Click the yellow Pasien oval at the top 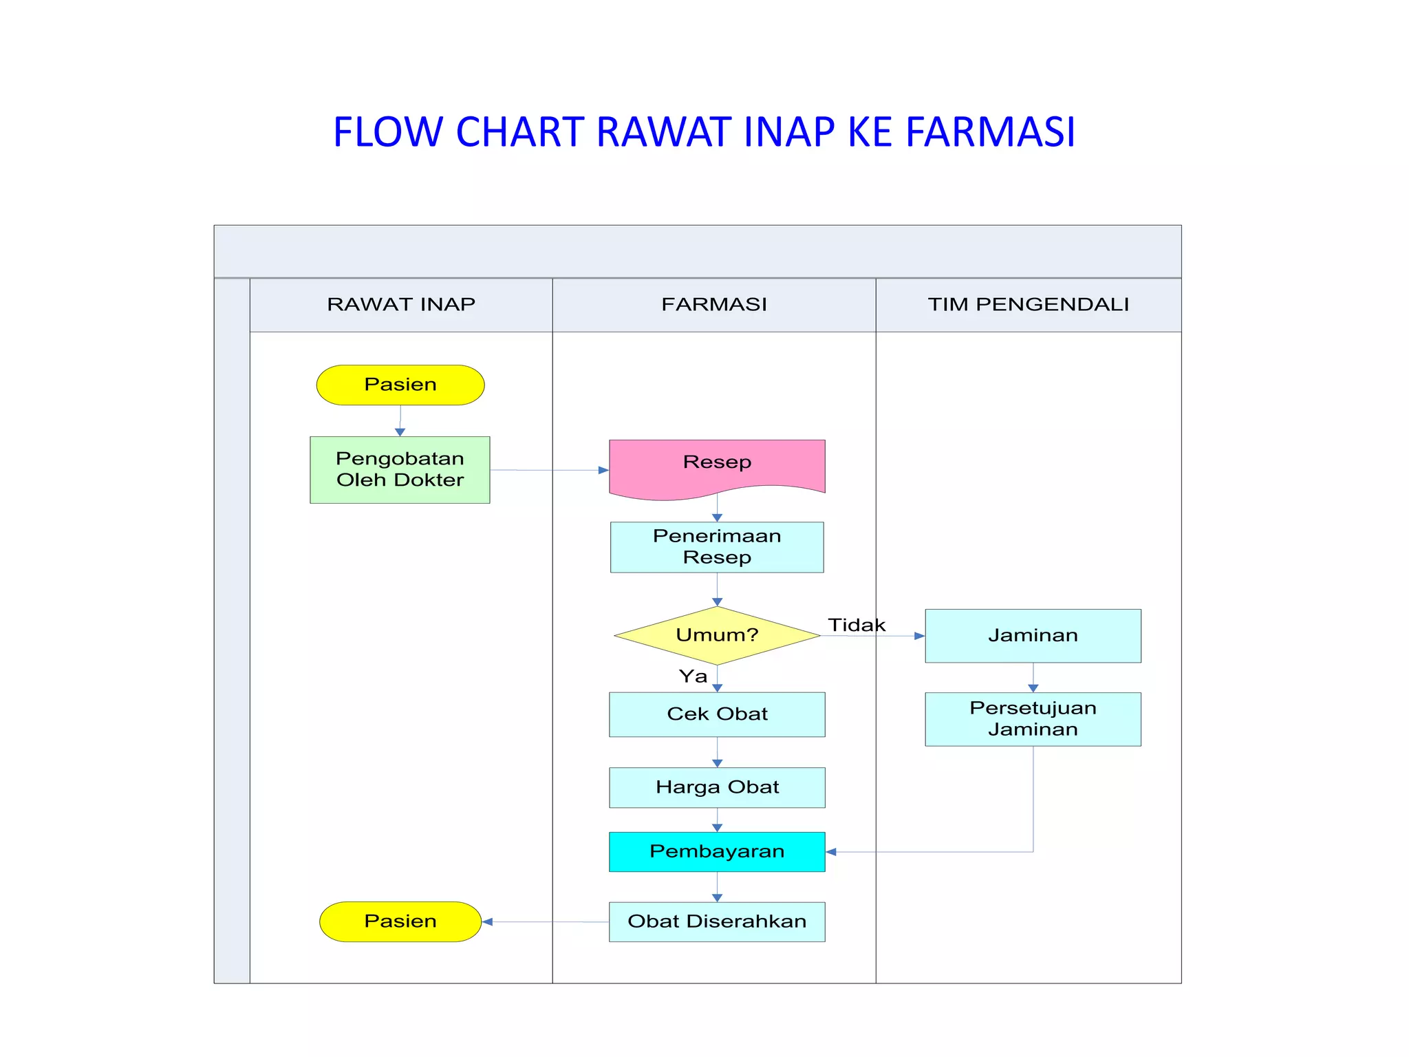(400, 385)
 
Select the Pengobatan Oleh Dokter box (400, 469)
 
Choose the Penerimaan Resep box (717, 547)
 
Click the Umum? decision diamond (717, 635)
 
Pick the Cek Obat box (717, 714)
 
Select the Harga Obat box (717, 787)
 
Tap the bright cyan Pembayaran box (717, 852)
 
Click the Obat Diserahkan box (717, 921)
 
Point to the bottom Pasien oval (400, 921)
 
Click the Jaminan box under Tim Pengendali (1033, 636)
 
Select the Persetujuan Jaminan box (1033, 719)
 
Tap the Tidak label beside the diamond (857, 625)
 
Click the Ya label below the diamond (693, 676)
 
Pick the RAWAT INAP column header (401, 304)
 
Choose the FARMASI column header (714, 304)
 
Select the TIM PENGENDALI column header (1029, 304)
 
